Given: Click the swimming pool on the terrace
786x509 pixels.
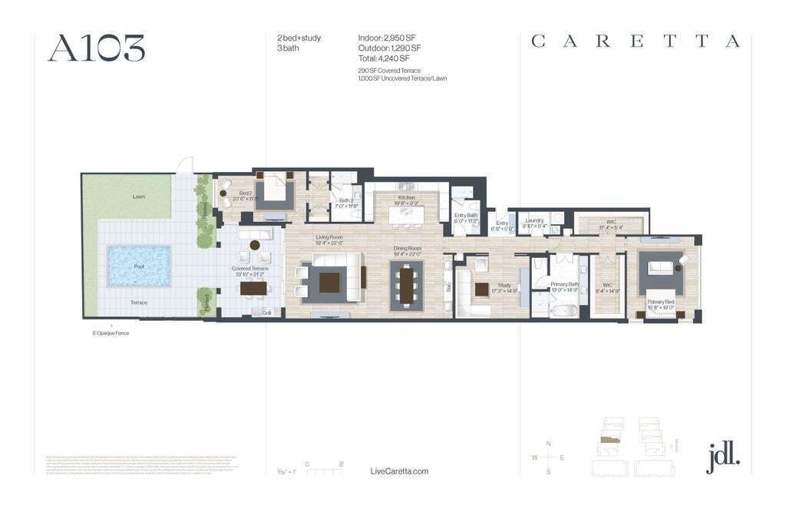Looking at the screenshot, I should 138,266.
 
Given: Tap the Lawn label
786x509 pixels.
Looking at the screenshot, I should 138,197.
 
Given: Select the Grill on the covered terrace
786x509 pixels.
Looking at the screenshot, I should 266,312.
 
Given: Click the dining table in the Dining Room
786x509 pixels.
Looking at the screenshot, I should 406,286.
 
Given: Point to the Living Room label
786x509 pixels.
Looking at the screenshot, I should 329,237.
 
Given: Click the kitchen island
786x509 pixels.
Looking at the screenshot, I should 406,216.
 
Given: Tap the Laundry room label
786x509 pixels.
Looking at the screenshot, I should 533,220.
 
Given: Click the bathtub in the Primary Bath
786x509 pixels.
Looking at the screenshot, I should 564,311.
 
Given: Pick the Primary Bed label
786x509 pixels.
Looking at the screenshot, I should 660,302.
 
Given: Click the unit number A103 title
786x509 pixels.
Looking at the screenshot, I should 96,48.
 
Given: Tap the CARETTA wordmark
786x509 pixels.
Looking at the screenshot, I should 636,41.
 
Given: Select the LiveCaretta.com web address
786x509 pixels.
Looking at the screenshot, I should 399,471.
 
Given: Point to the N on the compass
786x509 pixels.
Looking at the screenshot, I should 548,444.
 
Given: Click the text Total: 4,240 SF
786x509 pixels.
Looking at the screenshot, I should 384,58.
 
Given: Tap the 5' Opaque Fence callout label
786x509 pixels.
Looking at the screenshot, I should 111,333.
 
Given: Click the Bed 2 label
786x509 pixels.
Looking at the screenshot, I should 245,193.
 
